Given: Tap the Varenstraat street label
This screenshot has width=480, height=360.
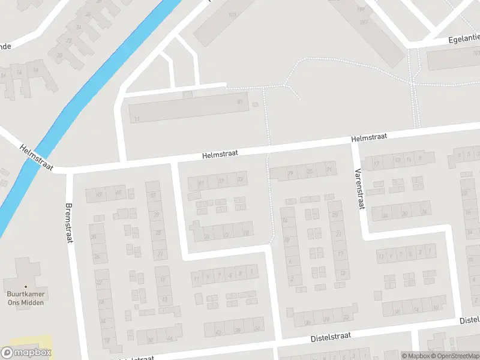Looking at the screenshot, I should [x=360, y=189].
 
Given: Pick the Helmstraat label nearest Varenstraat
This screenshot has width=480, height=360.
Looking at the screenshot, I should [x=368, y=138].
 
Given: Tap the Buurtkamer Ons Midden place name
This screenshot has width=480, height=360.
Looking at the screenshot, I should [x=26, y=298].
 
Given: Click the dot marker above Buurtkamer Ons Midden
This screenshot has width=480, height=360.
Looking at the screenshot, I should [x=26, y=286].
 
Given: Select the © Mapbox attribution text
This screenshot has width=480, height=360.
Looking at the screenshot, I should [x=415, y=356].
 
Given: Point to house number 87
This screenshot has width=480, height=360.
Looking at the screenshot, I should [x=240, y=102].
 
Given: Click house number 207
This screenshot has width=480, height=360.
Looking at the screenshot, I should [x=364, y=22].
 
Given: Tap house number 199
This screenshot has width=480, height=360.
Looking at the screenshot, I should [x=360, y=8].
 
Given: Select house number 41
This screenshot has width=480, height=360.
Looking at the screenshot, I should [x=202, y=182].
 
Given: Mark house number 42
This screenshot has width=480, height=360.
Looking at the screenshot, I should [x=218, y=331].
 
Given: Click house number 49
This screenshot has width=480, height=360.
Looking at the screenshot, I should [x=99, y=194].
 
